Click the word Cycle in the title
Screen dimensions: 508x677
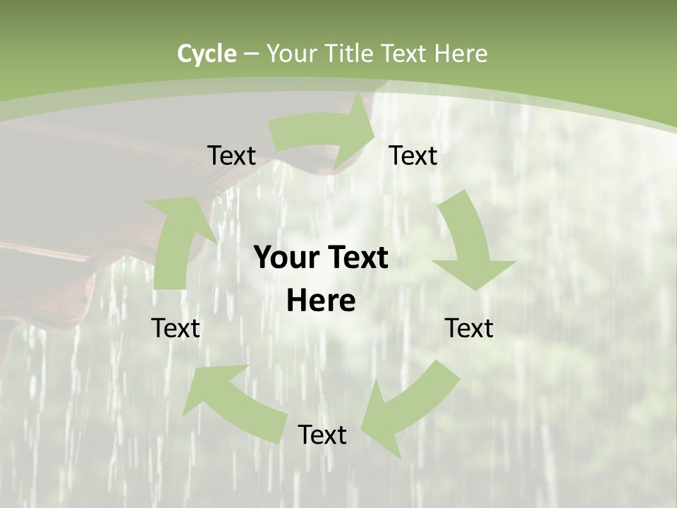point(207,54)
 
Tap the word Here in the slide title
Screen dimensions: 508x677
point(461,54)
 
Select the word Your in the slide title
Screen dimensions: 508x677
point(292,54)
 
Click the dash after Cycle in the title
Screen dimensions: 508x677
point(252,54)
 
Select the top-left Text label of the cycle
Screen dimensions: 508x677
point(231,155)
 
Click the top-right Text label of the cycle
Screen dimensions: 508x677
point(413,155)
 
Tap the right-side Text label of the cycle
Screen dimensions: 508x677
point(469,328)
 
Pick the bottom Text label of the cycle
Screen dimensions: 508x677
point(322,435)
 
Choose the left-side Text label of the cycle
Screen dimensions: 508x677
point(176,328)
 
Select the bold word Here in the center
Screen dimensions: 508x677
point(321,301)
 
